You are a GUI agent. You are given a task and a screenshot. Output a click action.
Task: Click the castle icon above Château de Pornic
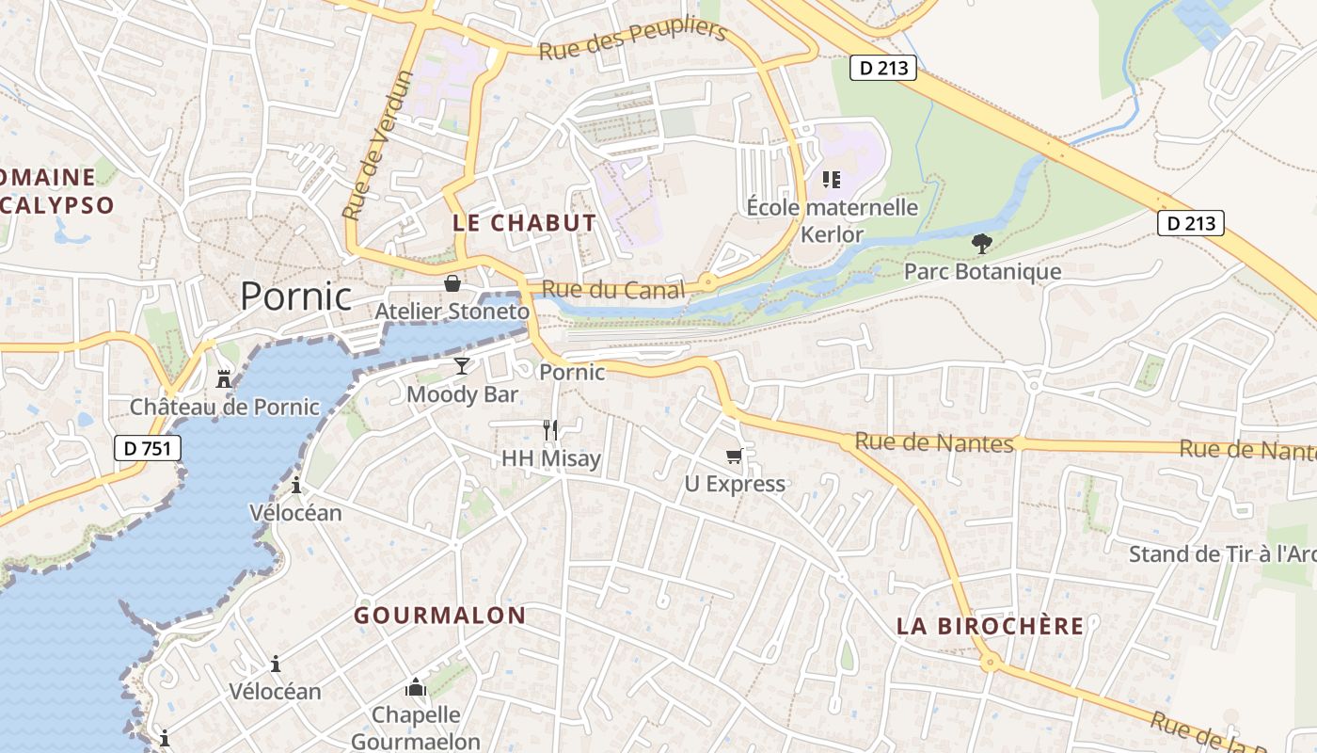point(224,379)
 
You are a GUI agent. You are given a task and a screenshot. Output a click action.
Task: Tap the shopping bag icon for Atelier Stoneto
point(452,283)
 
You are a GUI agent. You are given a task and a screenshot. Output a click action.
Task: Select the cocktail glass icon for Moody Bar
point(461,365)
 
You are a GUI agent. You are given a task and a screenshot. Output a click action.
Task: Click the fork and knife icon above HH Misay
point(550,430)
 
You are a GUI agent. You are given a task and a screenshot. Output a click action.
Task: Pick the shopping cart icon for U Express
point(734,457)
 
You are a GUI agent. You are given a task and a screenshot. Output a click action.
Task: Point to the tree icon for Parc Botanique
point(982,244)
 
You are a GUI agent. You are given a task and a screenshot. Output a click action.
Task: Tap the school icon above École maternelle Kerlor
point(831,179)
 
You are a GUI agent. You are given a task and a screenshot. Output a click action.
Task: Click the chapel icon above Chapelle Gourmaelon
point(416,688)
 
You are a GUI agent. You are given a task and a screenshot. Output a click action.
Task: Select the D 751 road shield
point(148,448)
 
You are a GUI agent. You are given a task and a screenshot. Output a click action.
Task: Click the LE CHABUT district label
point(524,223)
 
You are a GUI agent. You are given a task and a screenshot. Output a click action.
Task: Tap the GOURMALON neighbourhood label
point(440,616)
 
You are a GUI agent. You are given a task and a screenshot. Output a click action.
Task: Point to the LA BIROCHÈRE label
point(990,626)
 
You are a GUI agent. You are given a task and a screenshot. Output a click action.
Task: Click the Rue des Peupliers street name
point(633,40)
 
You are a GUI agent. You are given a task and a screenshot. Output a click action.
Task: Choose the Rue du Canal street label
point(613,291)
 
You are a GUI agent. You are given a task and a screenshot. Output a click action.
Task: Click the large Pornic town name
point(295,296)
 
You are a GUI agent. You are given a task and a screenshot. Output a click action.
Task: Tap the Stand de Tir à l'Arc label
point(1221,554)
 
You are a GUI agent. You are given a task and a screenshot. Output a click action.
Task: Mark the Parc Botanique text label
point(982,272)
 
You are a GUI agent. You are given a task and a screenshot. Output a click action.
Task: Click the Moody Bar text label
point(462,394)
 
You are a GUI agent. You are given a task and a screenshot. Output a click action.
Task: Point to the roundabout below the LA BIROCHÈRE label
point(989,663)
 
